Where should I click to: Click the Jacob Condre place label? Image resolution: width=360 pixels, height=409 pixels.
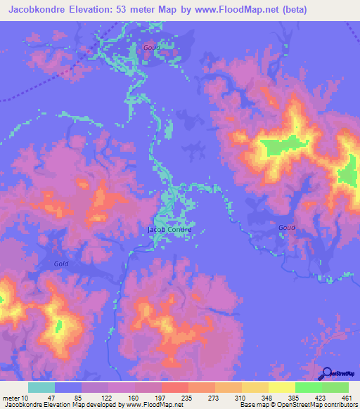[169, 229]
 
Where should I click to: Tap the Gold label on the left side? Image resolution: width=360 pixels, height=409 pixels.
[61, 264]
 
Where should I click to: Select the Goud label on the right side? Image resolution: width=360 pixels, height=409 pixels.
[286, 227]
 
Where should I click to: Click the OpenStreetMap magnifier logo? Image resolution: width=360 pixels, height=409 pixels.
[327, 374]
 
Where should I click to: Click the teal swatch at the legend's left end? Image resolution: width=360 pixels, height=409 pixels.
[41, 387]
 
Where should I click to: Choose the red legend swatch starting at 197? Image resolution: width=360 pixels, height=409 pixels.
[174, 387]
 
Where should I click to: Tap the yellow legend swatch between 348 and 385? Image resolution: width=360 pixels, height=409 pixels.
[282, 387]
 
